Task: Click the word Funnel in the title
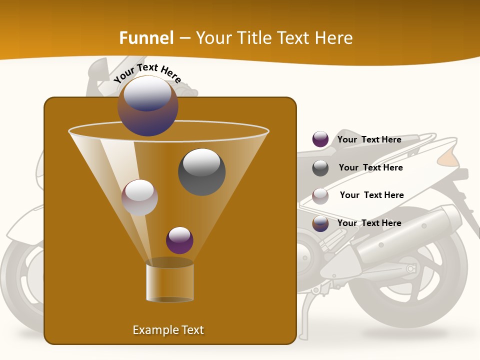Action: pos(146,38)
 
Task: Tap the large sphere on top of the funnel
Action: pos(148,106)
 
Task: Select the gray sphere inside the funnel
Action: pos(201,172)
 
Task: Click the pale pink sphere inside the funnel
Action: pos(139,197)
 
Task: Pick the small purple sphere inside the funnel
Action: pos(179,240)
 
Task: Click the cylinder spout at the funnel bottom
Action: pos(169,280)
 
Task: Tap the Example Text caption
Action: pos(168,330)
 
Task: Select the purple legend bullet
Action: pos(320,139)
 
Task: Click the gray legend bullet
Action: pos(320,168)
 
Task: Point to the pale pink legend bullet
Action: pos(320,195)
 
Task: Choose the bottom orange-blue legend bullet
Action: pos(320,223)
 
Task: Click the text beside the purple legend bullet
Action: pos(369,139)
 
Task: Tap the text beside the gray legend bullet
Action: pos(370,167)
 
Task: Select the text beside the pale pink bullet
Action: pos(371,195)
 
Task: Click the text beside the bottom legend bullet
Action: pos(369,223)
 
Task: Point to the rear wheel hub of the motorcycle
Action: pos(411,268)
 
